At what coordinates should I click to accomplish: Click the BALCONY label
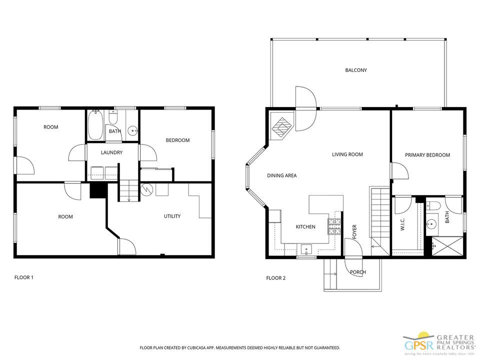click(355, 70)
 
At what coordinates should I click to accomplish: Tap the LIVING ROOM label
click(347, 154)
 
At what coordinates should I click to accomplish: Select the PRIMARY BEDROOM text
click(427, 155)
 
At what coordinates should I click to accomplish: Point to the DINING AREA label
click(281, 175)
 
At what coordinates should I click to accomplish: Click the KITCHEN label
click(305, 227)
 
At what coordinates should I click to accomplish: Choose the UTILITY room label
click(172, 216)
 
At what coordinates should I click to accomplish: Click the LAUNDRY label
click(111, 152)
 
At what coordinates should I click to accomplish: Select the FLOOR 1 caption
click(23, 277)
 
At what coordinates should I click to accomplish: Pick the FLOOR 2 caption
click(275, 278)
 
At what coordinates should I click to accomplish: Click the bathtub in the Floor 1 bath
click(95, 125)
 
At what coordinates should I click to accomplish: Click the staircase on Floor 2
click(379, 215)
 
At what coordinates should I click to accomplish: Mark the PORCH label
click(357, 272)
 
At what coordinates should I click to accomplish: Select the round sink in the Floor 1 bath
click(132, 131)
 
